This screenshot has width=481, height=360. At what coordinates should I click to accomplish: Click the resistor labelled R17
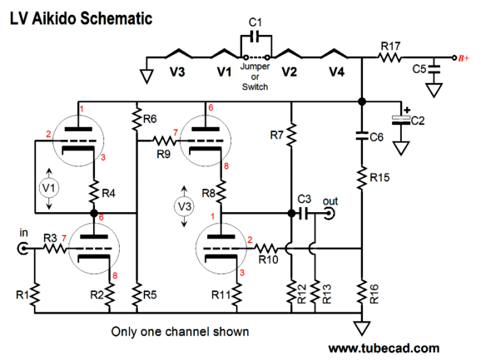(389, 57)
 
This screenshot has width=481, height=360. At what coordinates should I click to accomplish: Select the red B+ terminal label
(464, 58)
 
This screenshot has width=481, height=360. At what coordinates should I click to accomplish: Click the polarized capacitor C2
(401, 120)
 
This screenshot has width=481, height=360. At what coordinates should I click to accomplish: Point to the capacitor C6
(362, 136)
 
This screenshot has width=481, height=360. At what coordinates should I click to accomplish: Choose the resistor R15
(362, 178)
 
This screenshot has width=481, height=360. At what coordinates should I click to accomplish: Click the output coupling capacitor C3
(304, 213)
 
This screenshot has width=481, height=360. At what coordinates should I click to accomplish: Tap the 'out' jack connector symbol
(330, 213)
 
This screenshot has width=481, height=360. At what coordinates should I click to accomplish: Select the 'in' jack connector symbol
(23, 249)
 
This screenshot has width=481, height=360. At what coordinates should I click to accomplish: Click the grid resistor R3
(54, 249)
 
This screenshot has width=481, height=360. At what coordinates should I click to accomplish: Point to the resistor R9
(165, 141)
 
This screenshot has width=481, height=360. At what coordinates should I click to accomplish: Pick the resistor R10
(265, 248)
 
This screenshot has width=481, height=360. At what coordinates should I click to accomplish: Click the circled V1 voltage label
(49, 188)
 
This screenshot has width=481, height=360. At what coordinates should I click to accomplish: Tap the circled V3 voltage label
(184, 206)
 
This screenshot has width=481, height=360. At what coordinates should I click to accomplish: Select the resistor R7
(291, 134)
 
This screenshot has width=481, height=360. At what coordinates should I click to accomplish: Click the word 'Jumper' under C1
(255, 67)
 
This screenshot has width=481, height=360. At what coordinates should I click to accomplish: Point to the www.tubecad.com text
(384, 348)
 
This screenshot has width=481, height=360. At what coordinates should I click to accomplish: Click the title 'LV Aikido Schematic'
(82, 18)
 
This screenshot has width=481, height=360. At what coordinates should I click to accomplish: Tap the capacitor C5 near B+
(434, 69)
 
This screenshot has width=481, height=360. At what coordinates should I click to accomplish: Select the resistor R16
(362, 293)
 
